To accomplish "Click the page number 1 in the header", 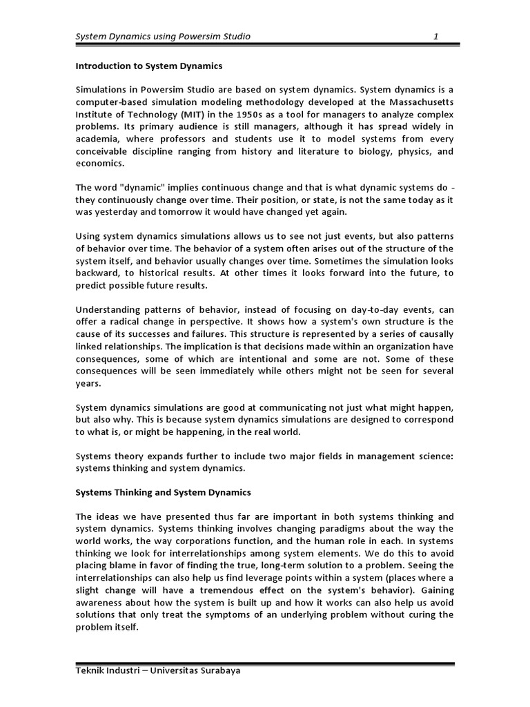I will coord(435,36).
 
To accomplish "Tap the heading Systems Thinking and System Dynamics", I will coord(163,492).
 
